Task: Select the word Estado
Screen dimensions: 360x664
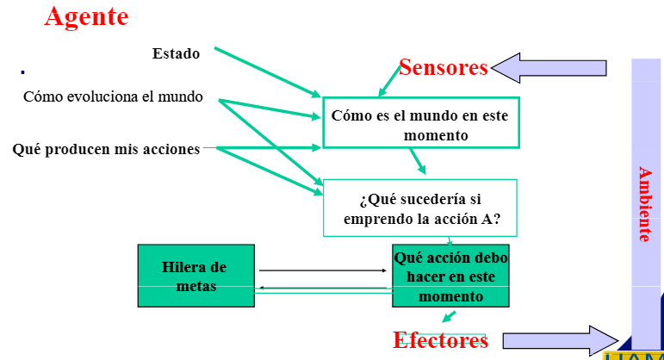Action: [176, 53]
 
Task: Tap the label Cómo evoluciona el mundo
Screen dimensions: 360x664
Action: [113, 96]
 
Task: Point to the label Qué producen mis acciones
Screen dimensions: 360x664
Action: [106, 149]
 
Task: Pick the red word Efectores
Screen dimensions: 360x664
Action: [440, 340]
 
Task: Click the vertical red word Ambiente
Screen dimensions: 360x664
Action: [644, 203]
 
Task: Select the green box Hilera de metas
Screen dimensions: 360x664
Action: [195, 276]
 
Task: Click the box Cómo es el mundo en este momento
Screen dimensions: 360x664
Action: [421, 123]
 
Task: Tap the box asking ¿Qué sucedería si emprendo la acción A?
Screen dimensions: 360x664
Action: [419, 208]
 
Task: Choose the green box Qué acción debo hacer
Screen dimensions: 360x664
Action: [450, 276]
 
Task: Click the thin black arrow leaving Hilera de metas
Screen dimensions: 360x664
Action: [323, 270]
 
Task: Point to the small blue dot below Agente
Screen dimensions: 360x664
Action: [22, 71]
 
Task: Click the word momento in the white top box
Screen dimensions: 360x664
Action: [436, 135]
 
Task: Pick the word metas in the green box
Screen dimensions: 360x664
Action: [195, 286]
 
